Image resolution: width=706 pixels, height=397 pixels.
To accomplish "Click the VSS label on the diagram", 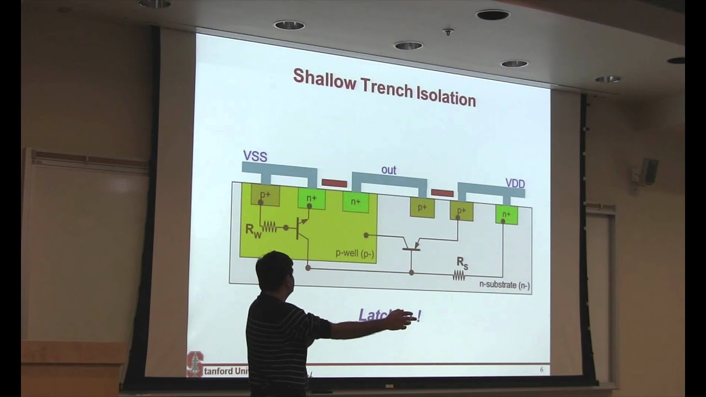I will [x=255, y=157].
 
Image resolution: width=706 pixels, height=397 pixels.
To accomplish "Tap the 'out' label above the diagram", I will [x=389, y=170].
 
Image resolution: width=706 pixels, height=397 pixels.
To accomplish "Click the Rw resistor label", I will [x=254, y=230].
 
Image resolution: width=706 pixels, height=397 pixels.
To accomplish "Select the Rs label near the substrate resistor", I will [x=462, y=264].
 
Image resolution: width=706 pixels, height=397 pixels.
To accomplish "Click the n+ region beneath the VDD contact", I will [x=506, y=214].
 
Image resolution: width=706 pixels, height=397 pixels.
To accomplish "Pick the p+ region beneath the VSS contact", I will [x=265, y=195].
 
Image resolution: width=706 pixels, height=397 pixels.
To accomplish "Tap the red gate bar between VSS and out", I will [x=334, y=183].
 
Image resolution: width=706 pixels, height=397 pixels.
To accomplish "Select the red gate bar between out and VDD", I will [x=442, y=193].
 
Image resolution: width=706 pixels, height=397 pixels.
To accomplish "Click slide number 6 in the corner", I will [x=541, y=369].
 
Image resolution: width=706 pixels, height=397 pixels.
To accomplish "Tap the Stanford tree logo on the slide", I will [x=194, y=363].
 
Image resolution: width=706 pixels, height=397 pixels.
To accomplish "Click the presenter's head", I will [x=274, y=272].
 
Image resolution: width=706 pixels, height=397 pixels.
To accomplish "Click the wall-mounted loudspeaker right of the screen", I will [x=649, y=171].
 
